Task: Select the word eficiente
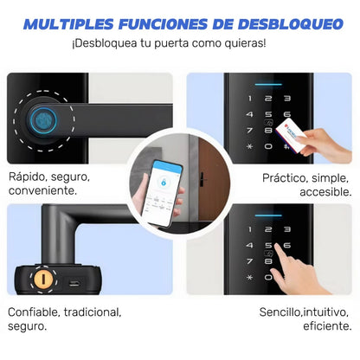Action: (x=324, y=325)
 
